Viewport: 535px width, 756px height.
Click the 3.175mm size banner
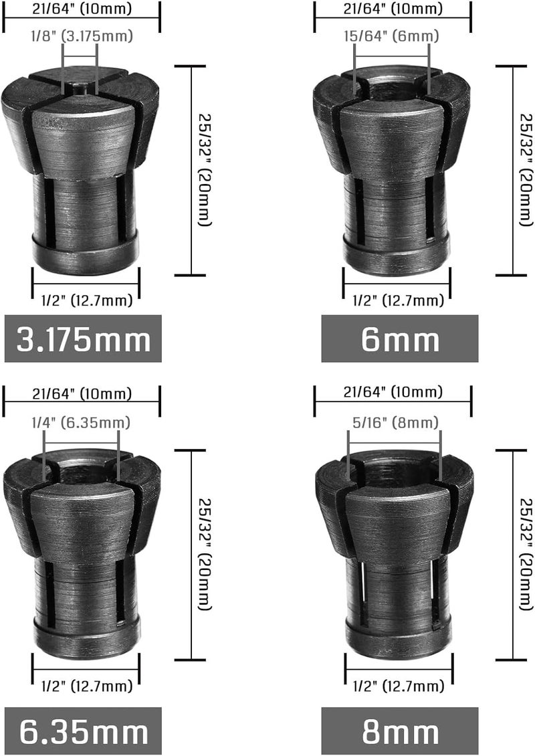pos(83,340)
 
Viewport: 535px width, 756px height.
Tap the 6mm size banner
pos(399,340)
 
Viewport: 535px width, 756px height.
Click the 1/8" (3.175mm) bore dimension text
pos(80,37)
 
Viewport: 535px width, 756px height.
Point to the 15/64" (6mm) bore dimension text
pos(392,37)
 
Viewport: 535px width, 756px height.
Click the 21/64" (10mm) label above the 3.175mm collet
pos(82,9)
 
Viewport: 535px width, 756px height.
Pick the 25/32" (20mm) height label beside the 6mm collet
pos(524,171)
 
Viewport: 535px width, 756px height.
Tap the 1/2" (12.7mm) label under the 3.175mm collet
pos(86,301)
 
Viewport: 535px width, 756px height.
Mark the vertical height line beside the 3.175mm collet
pos(191,171)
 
